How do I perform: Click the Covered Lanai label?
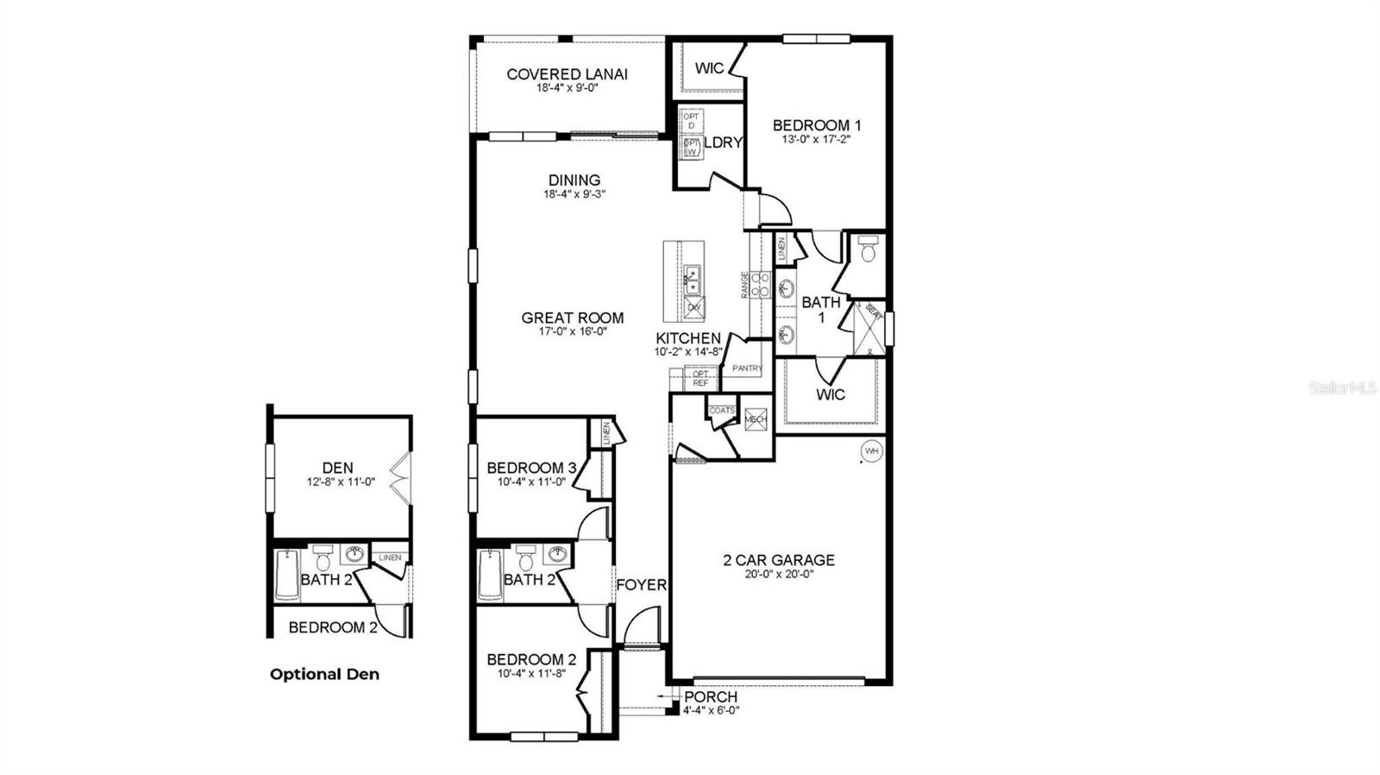pyautogui.click(x=567, y=74)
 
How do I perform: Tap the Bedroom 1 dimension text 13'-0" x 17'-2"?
pyautogui.click(x=816, y=139)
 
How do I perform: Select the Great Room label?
pyautogui.click(x=572, y=318)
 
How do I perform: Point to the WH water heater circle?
pyautogui.click(x=871, y=451)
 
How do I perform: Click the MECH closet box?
pyautogui.click(x=756, y=419)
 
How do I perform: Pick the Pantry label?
pyautogui.click(x=747, y=369)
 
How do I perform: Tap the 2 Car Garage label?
pyautogui.click(x=778, y=560)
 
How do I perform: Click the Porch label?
pyautogui.click(x=711, y=696)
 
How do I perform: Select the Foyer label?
pyautogui.click(x=641, y=585)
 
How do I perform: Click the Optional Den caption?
pyautogui.click(x=324, y=674)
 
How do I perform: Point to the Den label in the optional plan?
pyautogui.click(x=337, y=469)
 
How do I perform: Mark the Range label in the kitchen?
pyautogui.click(x=745, y=285)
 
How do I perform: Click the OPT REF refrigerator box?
pyautogui.click(x=700, y=378)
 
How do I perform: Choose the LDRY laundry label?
pyautogui.click(x=723, y=142)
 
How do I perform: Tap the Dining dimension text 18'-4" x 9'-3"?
pyautogui.click(x=574, y=194)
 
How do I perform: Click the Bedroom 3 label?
pyautogui.click(x=531, y=468)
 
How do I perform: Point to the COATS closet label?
pyautogui.click(x=722, y=410)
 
